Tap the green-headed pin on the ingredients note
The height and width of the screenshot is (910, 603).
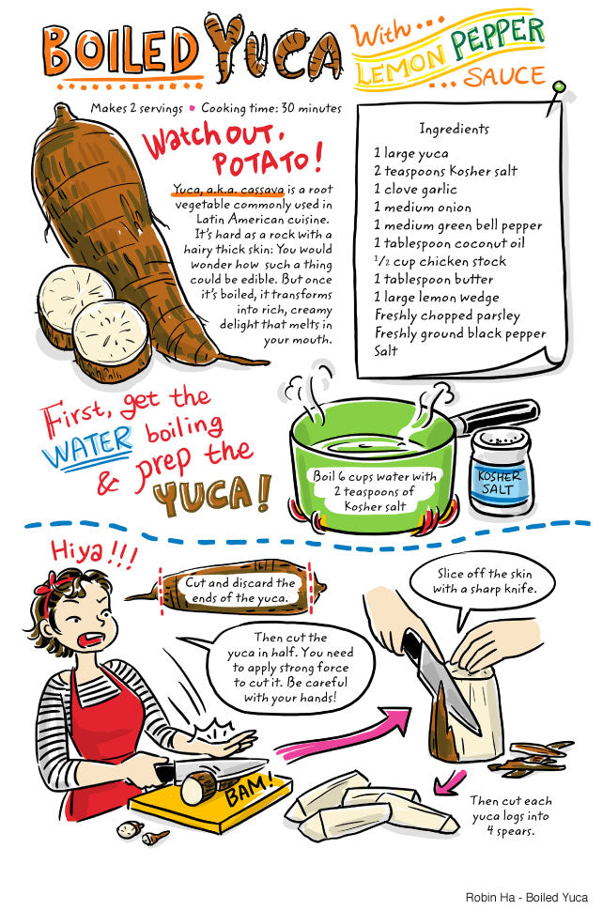(558, 87)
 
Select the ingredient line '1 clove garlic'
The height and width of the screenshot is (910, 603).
(415, 189)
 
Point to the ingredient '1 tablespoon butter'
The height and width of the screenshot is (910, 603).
(434, 279)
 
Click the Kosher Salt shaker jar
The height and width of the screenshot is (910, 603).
(501, 471)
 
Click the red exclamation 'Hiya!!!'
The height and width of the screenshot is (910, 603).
(93, 552)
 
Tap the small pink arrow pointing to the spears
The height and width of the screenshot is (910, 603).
(449, 781)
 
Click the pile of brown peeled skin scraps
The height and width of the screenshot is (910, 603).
(530, 757)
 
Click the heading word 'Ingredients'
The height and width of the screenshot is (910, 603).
(454, 129)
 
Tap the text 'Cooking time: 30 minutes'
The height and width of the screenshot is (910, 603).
(271, 109)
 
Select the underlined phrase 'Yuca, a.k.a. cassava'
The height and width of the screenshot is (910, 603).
(228, 190)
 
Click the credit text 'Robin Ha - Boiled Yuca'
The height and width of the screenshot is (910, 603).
(526, 897)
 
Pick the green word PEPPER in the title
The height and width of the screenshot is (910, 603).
(497, 39)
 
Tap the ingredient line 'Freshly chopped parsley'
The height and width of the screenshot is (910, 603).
(447, 316)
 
